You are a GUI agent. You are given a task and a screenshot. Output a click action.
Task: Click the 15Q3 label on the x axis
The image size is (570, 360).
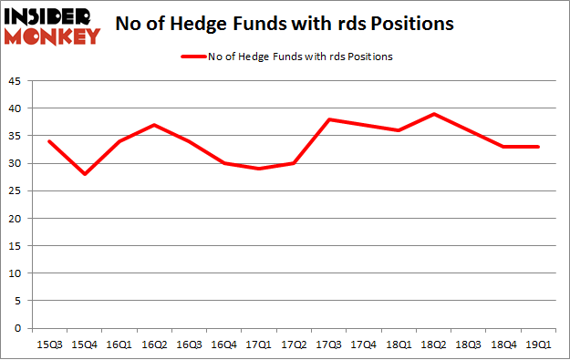48,345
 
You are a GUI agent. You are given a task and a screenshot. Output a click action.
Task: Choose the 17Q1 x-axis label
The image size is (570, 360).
260,345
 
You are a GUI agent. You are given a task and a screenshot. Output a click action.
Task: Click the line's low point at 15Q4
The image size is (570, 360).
84,174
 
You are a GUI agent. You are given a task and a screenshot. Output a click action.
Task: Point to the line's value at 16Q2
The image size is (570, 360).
154,125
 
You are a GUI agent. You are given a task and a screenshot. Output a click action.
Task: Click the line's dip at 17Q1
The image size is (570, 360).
260,169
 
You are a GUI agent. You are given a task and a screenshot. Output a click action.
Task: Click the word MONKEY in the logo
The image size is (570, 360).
53,37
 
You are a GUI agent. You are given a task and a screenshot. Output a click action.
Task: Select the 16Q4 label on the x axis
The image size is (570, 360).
224,345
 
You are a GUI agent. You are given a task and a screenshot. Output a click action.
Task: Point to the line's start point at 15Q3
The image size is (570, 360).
48,141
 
